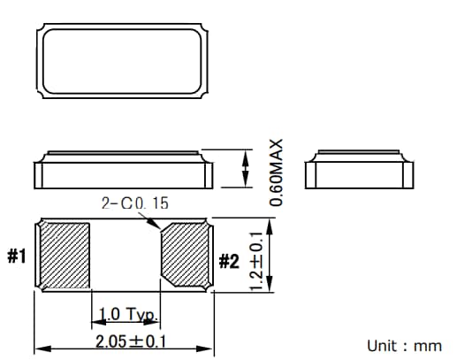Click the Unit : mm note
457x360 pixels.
(x=404, y=344)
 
